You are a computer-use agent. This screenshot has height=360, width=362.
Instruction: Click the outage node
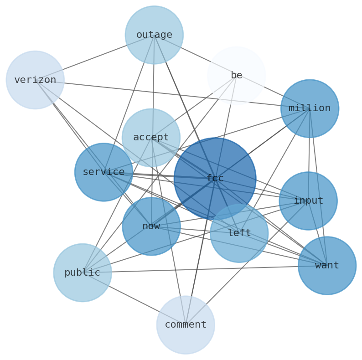pos(154,35)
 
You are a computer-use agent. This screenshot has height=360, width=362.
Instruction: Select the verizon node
pos(35,80)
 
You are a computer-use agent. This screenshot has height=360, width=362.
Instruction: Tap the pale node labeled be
pos(236,75)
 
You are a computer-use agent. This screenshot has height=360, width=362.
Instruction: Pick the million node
pos(310,108)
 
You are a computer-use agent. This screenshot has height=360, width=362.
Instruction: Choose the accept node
pos(151,137)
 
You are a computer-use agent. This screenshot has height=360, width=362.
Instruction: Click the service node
pos(103,172)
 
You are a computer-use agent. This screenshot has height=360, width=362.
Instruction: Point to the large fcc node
pos(215,178)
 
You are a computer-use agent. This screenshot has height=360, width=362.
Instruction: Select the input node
pos(308,201)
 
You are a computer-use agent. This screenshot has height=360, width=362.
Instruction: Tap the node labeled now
pos(151,226)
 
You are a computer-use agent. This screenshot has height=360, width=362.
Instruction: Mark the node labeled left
pos(239,233)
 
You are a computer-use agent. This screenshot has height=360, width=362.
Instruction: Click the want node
pos(327,265)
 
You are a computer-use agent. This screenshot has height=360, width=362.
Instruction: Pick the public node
pos(83,273)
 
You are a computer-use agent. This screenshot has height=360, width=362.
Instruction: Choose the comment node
pos(186,324)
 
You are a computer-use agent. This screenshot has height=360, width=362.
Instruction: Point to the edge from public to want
pos(205,269)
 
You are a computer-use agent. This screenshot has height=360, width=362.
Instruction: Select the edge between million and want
pos(318,187)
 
